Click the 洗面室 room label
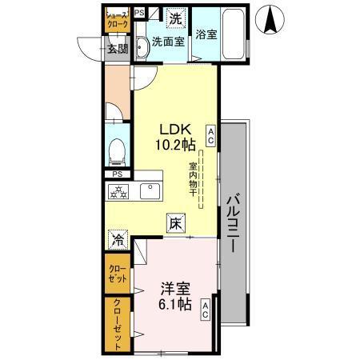[x=169, y=42]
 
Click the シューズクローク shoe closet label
[x=117, y=20]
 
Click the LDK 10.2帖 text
[x=175, y=138]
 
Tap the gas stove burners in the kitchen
[x=119, y=192]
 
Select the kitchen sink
[x=150, y=191]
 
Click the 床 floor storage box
[x=174, y=224]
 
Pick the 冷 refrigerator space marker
[x=118, y=238]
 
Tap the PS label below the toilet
[x=117, y=174]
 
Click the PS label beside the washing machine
[x=140, y=13]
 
